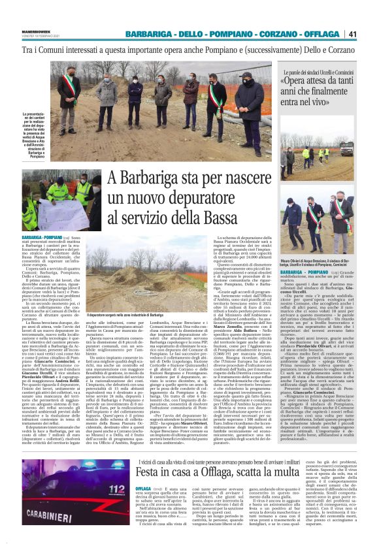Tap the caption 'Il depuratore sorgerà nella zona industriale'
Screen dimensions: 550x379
click(149, 315)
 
